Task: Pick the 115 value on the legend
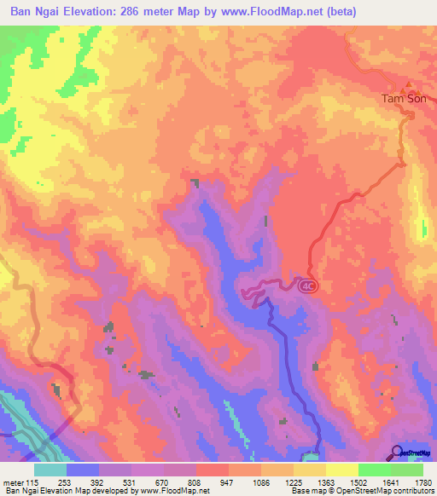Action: pyautogui.click(x=33, y=482)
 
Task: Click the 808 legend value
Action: pyautogui.click(x=195, y=482)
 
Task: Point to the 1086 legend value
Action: pyautogui.click(x=259, y=482)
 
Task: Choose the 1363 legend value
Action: pyautogui.click(x=325, y=482)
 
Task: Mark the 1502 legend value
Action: pyautogui.click(x=358, y=482)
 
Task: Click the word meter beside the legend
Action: pyautogui.click(x=13, y=482)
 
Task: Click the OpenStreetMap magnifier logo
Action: pyautogui.click(x=398, y=453)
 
